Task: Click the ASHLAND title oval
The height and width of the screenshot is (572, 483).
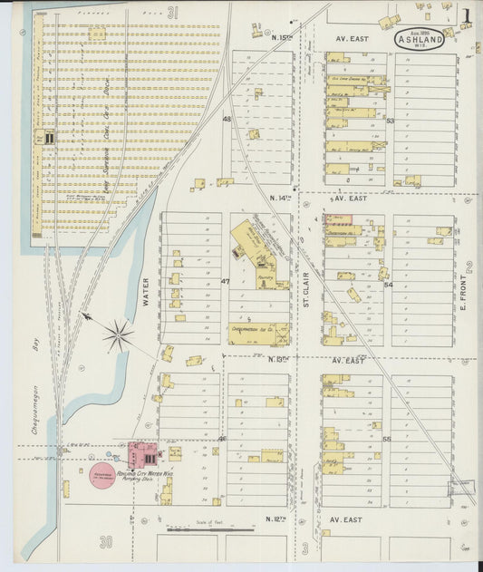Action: [x=419, y=39]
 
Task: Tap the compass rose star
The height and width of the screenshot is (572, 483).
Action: [x=118, y=336]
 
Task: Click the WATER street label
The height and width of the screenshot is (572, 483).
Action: [x=145, y=292]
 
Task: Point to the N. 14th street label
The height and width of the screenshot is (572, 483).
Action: [x=283, y=197]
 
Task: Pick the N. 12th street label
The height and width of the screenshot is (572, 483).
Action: [x=276, y=519]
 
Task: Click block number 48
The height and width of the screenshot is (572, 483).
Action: [x=227, y=119]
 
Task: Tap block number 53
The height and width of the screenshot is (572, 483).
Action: [x=390, y=121]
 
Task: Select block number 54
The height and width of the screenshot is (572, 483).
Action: [x=389, y=285]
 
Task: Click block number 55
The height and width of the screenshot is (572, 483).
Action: [x=387, y=440]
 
